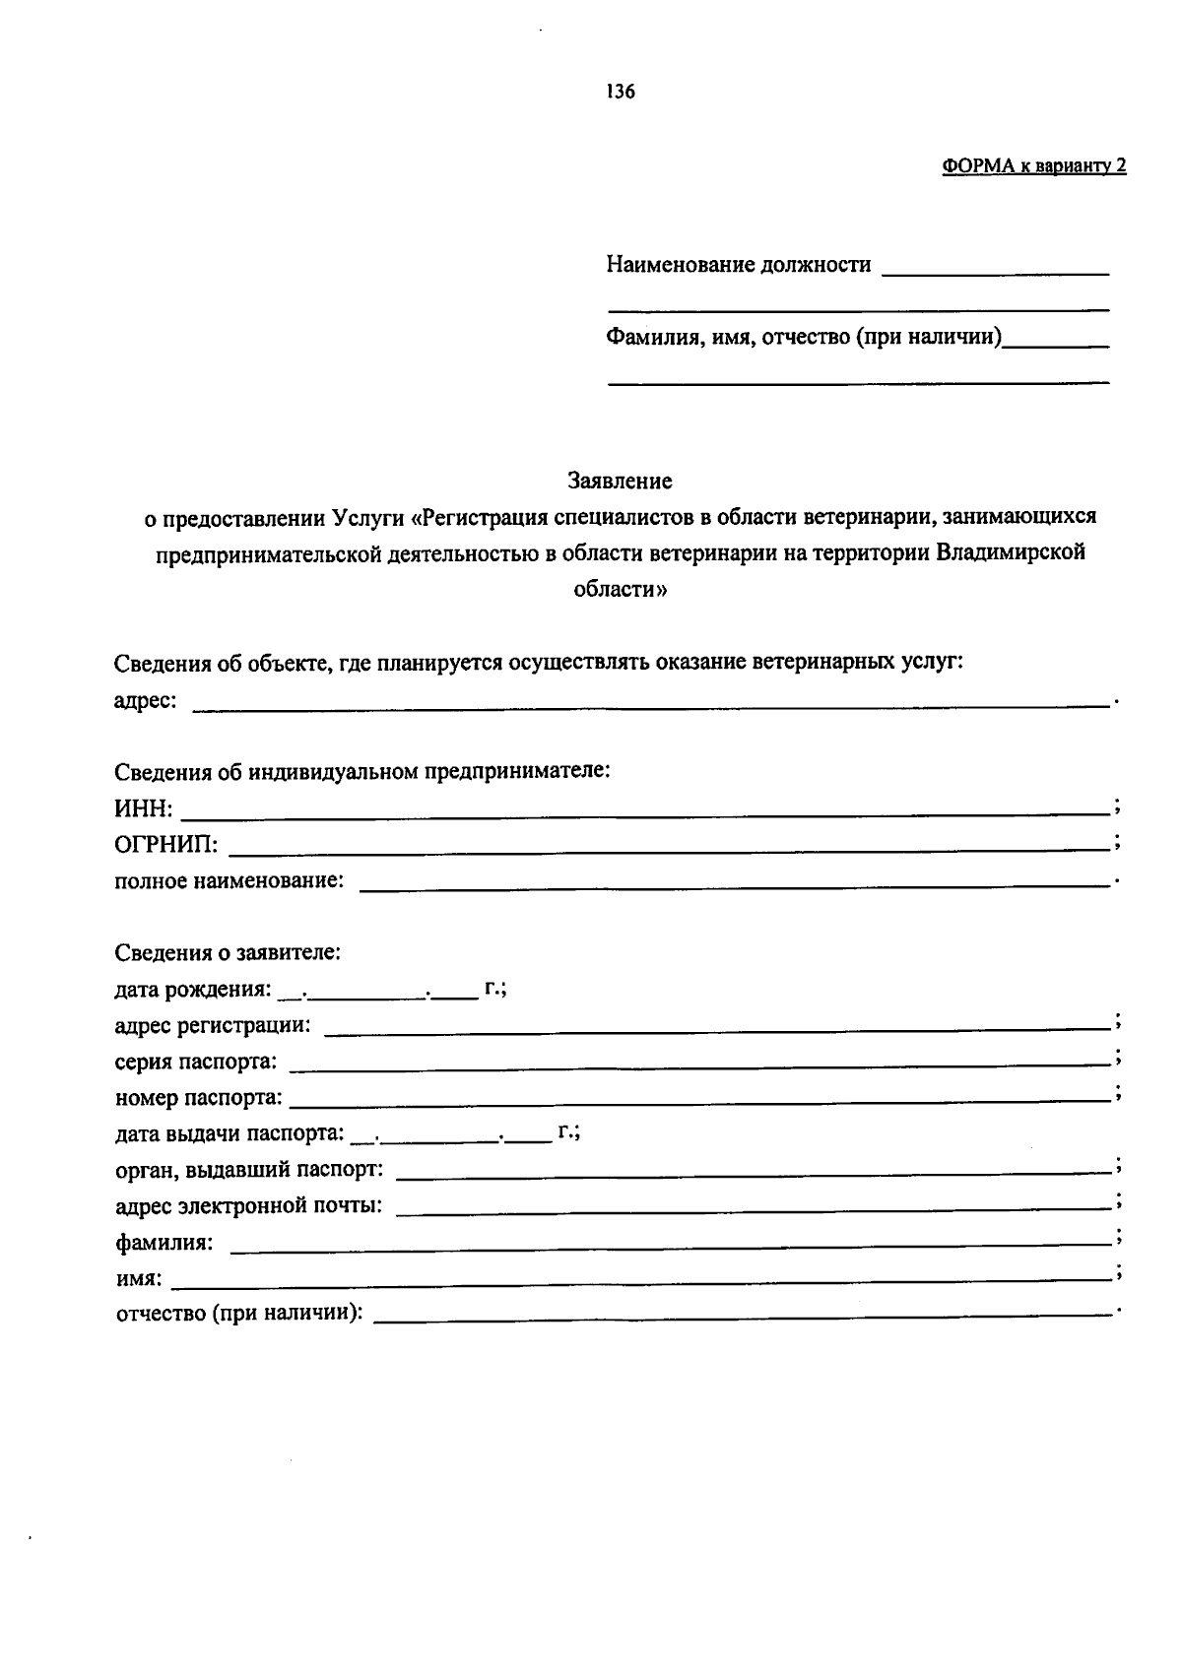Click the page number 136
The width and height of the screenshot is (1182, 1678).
pos(621,93)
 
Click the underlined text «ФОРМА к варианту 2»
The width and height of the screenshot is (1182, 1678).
pos(1034,166)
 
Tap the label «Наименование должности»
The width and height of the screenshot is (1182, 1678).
pos(739,265)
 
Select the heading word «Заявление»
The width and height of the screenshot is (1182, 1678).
pos(620,482)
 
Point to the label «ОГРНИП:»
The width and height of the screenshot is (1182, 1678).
pos(166,845)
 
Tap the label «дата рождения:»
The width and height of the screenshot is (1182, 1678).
pos(193,989)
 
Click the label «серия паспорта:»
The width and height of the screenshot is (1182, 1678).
pos(196,1063)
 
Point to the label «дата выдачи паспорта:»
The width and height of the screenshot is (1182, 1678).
pos(230,1134)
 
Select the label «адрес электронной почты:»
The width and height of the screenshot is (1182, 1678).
pos(249,1206)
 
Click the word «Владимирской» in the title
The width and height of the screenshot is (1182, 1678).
pos(1011,552)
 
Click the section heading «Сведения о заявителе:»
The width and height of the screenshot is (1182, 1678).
pos(228,953)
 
